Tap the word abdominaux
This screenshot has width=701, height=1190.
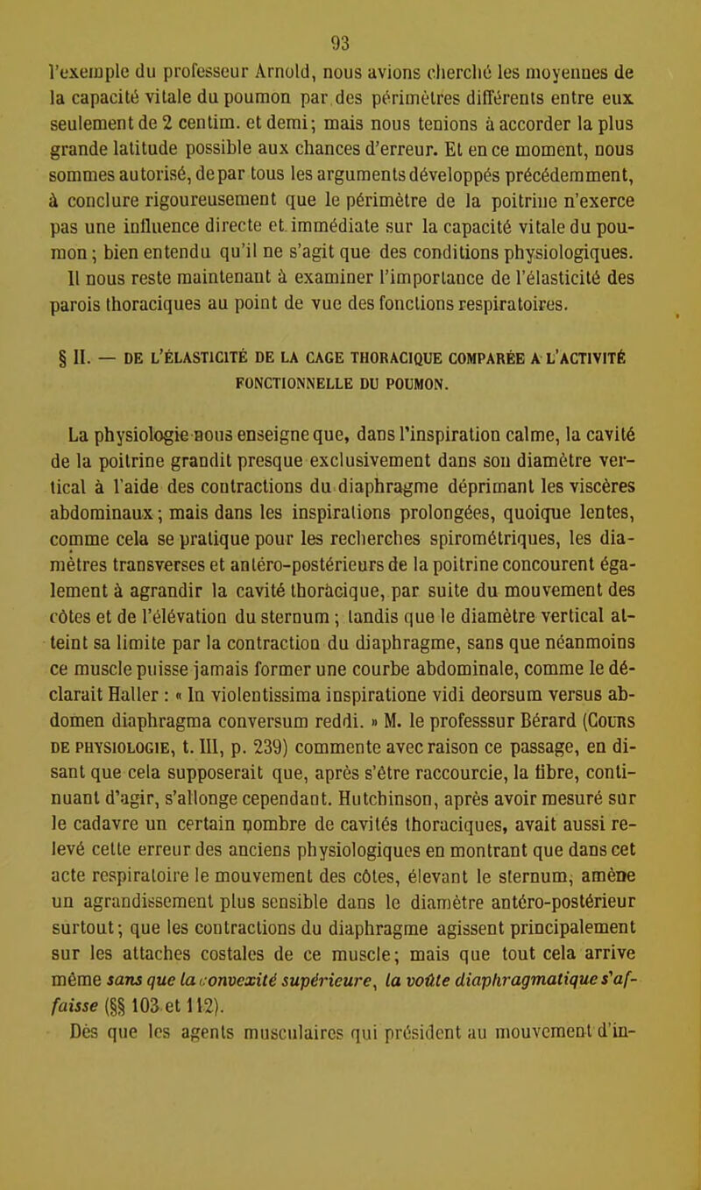point(89,487)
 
